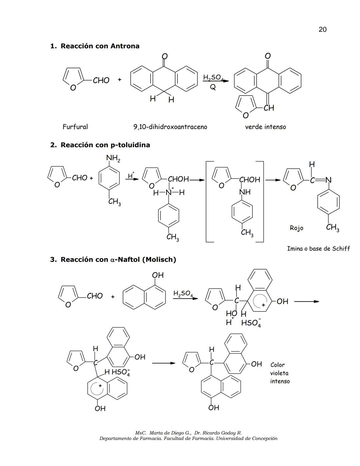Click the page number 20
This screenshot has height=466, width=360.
[322, 29]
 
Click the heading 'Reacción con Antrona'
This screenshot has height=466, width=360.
[100, 46]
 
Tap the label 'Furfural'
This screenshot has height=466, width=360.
[75, 127]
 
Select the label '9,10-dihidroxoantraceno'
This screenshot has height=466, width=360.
[170, 127]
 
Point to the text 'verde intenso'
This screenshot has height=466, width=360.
[265, 127]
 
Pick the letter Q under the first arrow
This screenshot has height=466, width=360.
[213, 87]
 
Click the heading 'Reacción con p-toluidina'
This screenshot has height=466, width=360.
[105, 145]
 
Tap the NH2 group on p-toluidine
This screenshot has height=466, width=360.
[113, 158]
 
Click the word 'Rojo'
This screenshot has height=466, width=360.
[296, 228]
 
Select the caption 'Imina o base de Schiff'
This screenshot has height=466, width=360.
[318, 249]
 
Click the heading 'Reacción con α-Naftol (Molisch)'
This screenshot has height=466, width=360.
[118, 260]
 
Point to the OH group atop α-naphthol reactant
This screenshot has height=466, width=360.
[158, 275]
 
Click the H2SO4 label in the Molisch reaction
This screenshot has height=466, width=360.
[183, 294]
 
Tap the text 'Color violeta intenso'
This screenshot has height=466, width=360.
[279, 373]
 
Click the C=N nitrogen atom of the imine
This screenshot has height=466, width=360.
[328, 180]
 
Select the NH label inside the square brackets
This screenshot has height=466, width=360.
[245, 192]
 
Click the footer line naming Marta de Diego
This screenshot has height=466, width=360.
[188, 433]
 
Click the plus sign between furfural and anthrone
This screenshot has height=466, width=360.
[119, 80]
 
